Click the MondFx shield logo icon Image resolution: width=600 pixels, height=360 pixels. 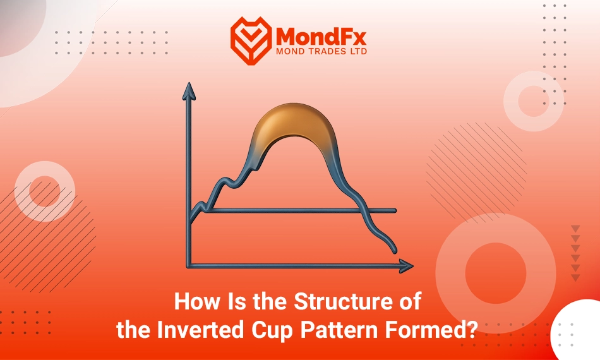251,40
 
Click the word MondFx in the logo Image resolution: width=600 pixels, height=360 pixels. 321,37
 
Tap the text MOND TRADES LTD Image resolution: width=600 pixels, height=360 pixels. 321,51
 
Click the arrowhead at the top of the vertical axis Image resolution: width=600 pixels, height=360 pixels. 189,91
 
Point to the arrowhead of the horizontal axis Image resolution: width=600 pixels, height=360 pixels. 406,266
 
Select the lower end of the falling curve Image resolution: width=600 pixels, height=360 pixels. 394,251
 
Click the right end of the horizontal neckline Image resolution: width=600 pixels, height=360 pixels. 395,210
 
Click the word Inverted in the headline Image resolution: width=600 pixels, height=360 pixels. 200,330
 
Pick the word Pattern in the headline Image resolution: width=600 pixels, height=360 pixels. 339,330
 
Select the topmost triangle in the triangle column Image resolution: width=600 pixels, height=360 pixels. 575,229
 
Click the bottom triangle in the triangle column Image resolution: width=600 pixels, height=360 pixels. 575,277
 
